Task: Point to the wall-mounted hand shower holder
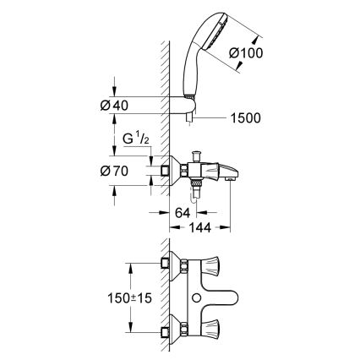point(196,106)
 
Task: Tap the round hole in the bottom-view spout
point(197,300)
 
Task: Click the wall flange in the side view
point(171,170)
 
